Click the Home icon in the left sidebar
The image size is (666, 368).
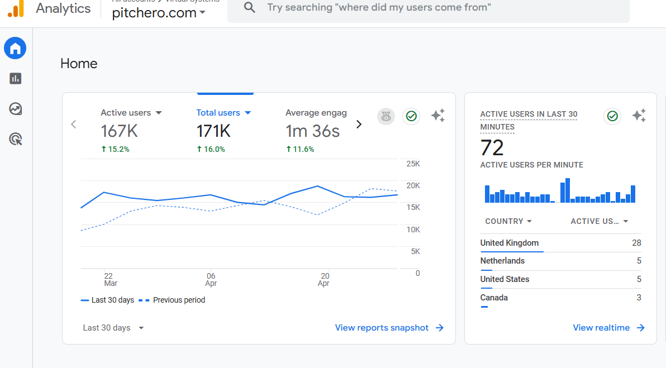point(15,49)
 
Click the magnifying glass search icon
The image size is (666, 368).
point(250,8)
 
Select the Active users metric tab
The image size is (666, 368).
point(131,113)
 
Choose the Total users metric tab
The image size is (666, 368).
point(223,113)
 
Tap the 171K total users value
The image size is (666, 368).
point(213,131)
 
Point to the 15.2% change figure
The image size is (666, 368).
point(115,149)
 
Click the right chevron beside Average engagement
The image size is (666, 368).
point(359,124)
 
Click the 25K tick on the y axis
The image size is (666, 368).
point(413,164)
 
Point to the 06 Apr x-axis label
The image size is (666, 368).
point(211,279)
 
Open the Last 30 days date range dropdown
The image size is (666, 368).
point(113,328)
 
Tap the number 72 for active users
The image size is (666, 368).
point(492,148)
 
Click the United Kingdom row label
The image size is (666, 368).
point(510,243)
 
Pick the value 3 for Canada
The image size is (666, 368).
point(639,298)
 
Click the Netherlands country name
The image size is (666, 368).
point(502,261)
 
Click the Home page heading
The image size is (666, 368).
point(79,64)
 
